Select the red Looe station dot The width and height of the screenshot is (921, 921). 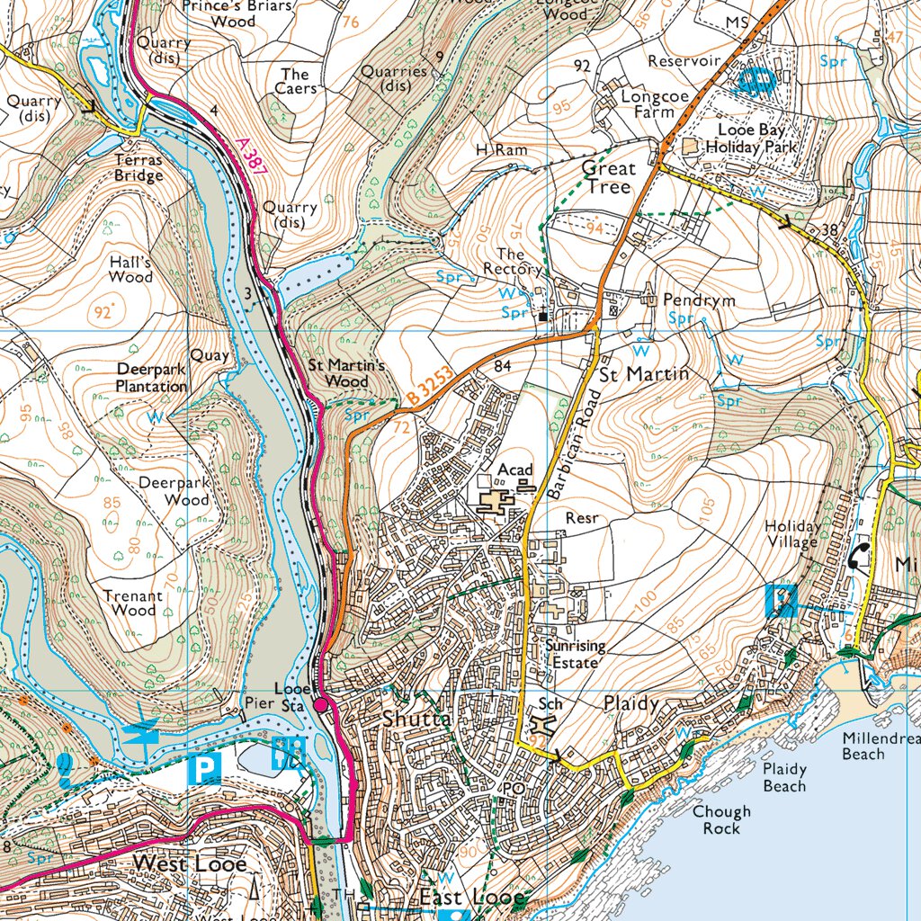click(320, 705)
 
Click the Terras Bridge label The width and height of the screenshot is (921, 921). click(139, 167)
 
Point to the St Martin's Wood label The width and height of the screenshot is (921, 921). click(346, 373)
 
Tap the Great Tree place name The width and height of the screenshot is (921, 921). click(608, 177)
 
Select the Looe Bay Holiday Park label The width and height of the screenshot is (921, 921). click(746, 138)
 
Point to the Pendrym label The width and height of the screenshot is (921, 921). click(699, 300)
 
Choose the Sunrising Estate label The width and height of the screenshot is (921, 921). click(575, 654)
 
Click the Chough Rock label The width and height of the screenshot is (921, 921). click(720, 819)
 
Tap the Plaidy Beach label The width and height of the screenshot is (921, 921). click(784, 778)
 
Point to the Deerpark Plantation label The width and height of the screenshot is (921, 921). click(151, 378)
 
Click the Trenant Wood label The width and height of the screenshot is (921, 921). click(133, 603)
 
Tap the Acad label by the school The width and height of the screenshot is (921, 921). click(515, 469)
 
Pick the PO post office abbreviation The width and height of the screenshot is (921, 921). click(513, 788)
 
